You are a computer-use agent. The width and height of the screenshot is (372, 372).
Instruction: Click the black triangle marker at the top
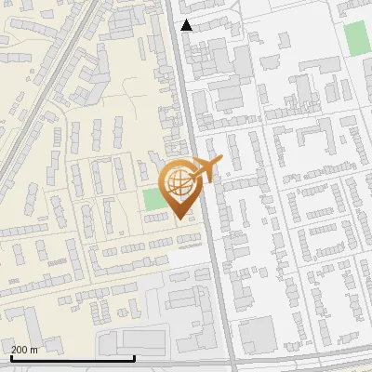[x=186, y=25]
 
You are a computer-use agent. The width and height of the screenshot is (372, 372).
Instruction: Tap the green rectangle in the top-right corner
[x=356, y=37]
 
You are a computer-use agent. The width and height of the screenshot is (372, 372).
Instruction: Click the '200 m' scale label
[x=24, y=350]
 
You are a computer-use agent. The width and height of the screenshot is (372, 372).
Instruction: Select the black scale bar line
[x=73, y=358]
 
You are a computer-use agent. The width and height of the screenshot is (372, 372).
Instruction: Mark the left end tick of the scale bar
[x=10, y=356]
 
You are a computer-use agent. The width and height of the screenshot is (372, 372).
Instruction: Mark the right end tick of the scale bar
[x=135, y=356]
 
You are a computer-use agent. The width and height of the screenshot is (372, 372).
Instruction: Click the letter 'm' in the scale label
[x=33, y=350]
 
